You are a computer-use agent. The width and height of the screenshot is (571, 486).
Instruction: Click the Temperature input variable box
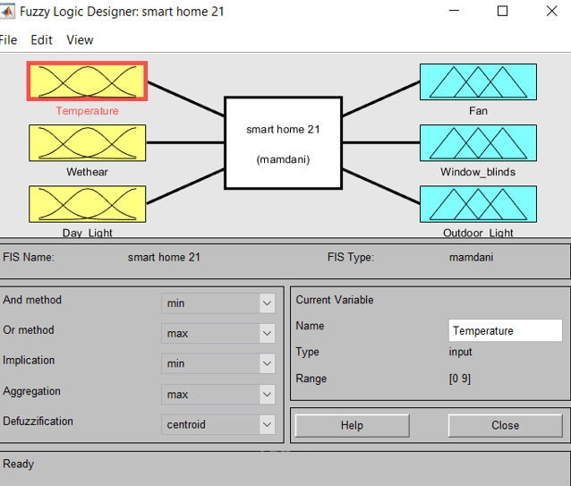pyautogui.click(x=87, y=81)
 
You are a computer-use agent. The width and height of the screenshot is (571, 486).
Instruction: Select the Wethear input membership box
pyautogui.click(x=87, y=142)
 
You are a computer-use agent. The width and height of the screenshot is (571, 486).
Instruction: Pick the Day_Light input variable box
pyautogui.click(x=87, y=203)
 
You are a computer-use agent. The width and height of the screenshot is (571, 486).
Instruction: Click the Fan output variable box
pyautogui.click(x=478, y=81)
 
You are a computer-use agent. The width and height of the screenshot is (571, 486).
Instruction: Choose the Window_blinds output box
pyautogui.click(x=478, y=142)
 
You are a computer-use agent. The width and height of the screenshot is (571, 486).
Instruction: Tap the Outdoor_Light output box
pyautogui.click(x=478, y=203)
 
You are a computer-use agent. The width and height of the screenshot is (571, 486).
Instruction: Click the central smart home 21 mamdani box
pyautogui.click(x=283, y=143)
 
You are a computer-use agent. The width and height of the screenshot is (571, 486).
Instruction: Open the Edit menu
pyautogui.click(x=41, y=40)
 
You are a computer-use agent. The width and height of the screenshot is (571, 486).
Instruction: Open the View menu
pyautogui.click(x=80, y=40)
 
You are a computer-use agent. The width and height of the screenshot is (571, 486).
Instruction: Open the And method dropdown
pyautogui.click(x=218, y=303)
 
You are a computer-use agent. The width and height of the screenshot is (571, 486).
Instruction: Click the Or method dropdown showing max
pyautogui.click(x=218, y=334)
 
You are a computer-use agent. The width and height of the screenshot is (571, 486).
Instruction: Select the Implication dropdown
pyautogui.click(x=218, y=363)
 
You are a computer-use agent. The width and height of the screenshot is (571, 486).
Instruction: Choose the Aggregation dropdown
pyautogui.click(x=218, y=394)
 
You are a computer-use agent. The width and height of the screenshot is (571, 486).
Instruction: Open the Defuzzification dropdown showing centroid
pyautogui.click(x=218, y=424)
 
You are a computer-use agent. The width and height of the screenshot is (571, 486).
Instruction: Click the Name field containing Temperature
pyautogui.click(x=505, y=330)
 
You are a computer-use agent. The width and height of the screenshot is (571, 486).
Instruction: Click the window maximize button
pyautogui.click(x=502, y=12)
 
